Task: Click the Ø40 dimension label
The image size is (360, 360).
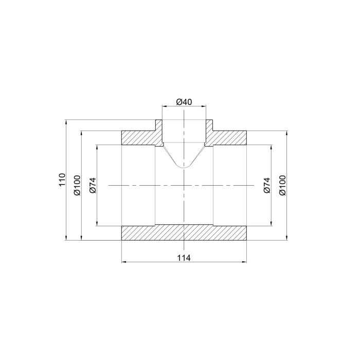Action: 184,102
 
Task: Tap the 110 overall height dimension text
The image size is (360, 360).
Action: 62,180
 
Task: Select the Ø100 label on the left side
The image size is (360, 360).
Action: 77,185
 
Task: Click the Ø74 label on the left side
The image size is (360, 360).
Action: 93,185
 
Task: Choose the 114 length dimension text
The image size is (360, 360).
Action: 184,258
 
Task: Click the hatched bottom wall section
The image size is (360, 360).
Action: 184,232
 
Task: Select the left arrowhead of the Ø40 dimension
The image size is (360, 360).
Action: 164,106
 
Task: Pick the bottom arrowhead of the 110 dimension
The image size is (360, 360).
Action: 66,239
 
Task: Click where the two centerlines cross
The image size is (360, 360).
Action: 184,185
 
